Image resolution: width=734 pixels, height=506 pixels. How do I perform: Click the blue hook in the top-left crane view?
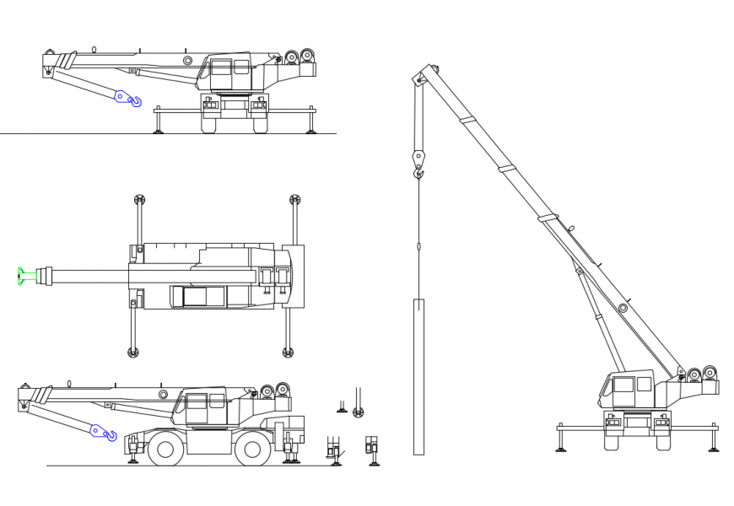127,99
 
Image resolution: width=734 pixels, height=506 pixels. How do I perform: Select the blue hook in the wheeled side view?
103,432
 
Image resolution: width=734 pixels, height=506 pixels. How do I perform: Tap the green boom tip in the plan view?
21,276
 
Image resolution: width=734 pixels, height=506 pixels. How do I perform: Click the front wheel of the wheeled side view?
165,449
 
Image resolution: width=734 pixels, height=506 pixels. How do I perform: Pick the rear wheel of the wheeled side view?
251,449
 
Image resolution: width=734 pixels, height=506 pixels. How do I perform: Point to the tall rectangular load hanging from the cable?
418,376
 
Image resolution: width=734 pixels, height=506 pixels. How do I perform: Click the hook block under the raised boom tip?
418,160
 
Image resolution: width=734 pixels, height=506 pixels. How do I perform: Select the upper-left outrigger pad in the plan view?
139,200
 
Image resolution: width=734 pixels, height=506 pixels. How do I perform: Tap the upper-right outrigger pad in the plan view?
294,200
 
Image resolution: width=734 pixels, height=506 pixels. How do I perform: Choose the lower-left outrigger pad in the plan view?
132,352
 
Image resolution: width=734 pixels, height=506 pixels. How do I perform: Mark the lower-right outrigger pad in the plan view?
288,352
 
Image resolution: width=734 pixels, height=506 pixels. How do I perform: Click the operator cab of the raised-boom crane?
623,390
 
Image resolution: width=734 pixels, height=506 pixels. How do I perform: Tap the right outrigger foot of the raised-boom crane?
714,448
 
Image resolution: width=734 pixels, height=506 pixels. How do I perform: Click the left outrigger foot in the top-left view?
158,130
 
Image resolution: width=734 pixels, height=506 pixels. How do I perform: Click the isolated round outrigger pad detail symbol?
359,412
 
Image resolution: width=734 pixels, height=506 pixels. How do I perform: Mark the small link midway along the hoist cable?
418,247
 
